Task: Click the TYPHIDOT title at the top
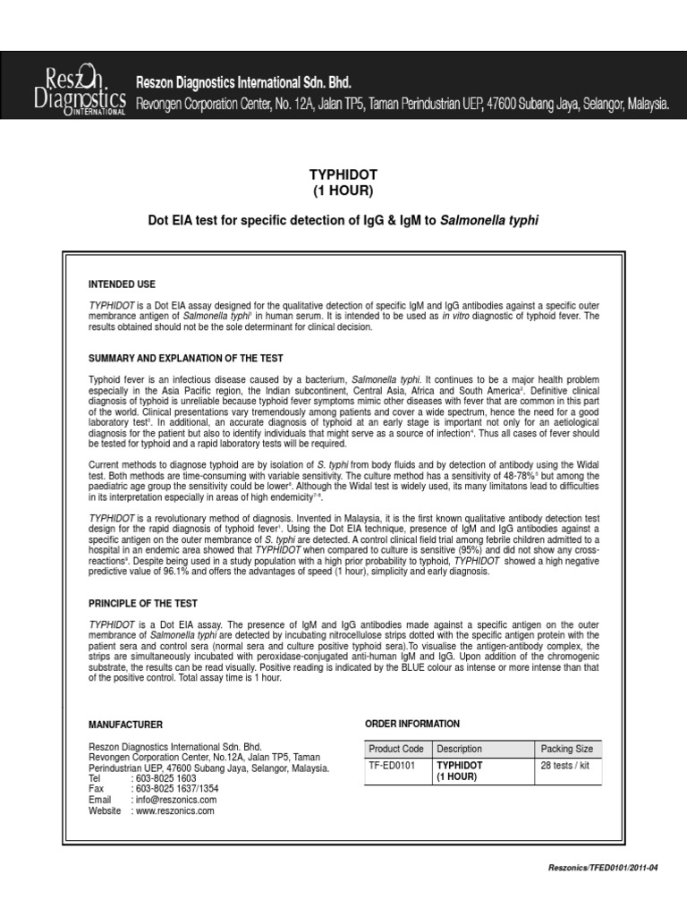343,174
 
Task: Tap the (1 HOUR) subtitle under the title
343,191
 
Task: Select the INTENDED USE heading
122,284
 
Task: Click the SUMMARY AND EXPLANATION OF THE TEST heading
185,358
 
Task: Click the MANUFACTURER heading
125,725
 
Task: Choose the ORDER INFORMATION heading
413,724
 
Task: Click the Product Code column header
397,749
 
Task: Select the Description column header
459,749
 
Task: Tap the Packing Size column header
566,749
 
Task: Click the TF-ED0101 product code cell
394,766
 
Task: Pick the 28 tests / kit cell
565,766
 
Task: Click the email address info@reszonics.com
173,800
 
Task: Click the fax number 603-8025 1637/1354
178,789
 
